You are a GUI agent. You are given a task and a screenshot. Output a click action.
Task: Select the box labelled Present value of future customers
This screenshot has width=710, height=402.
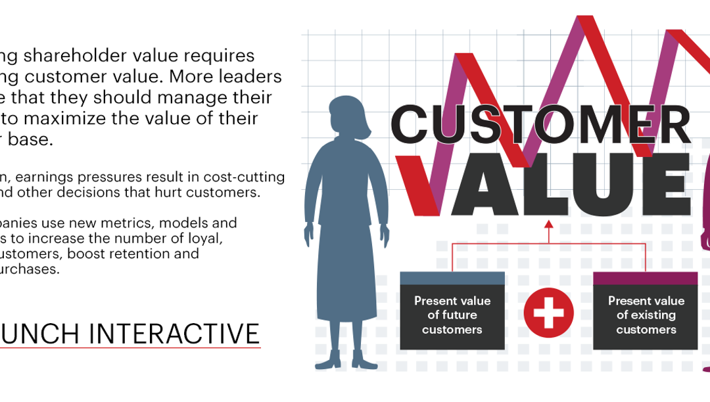tap(452, 315)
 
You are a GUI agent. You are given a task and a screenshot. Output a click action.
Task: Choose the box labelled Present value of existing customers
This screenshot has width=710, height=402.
tap(646, 315)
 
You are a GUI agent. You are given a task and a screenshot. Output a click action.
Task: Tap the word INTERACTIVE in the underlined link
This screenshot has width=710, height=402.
tap(174, 334)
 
